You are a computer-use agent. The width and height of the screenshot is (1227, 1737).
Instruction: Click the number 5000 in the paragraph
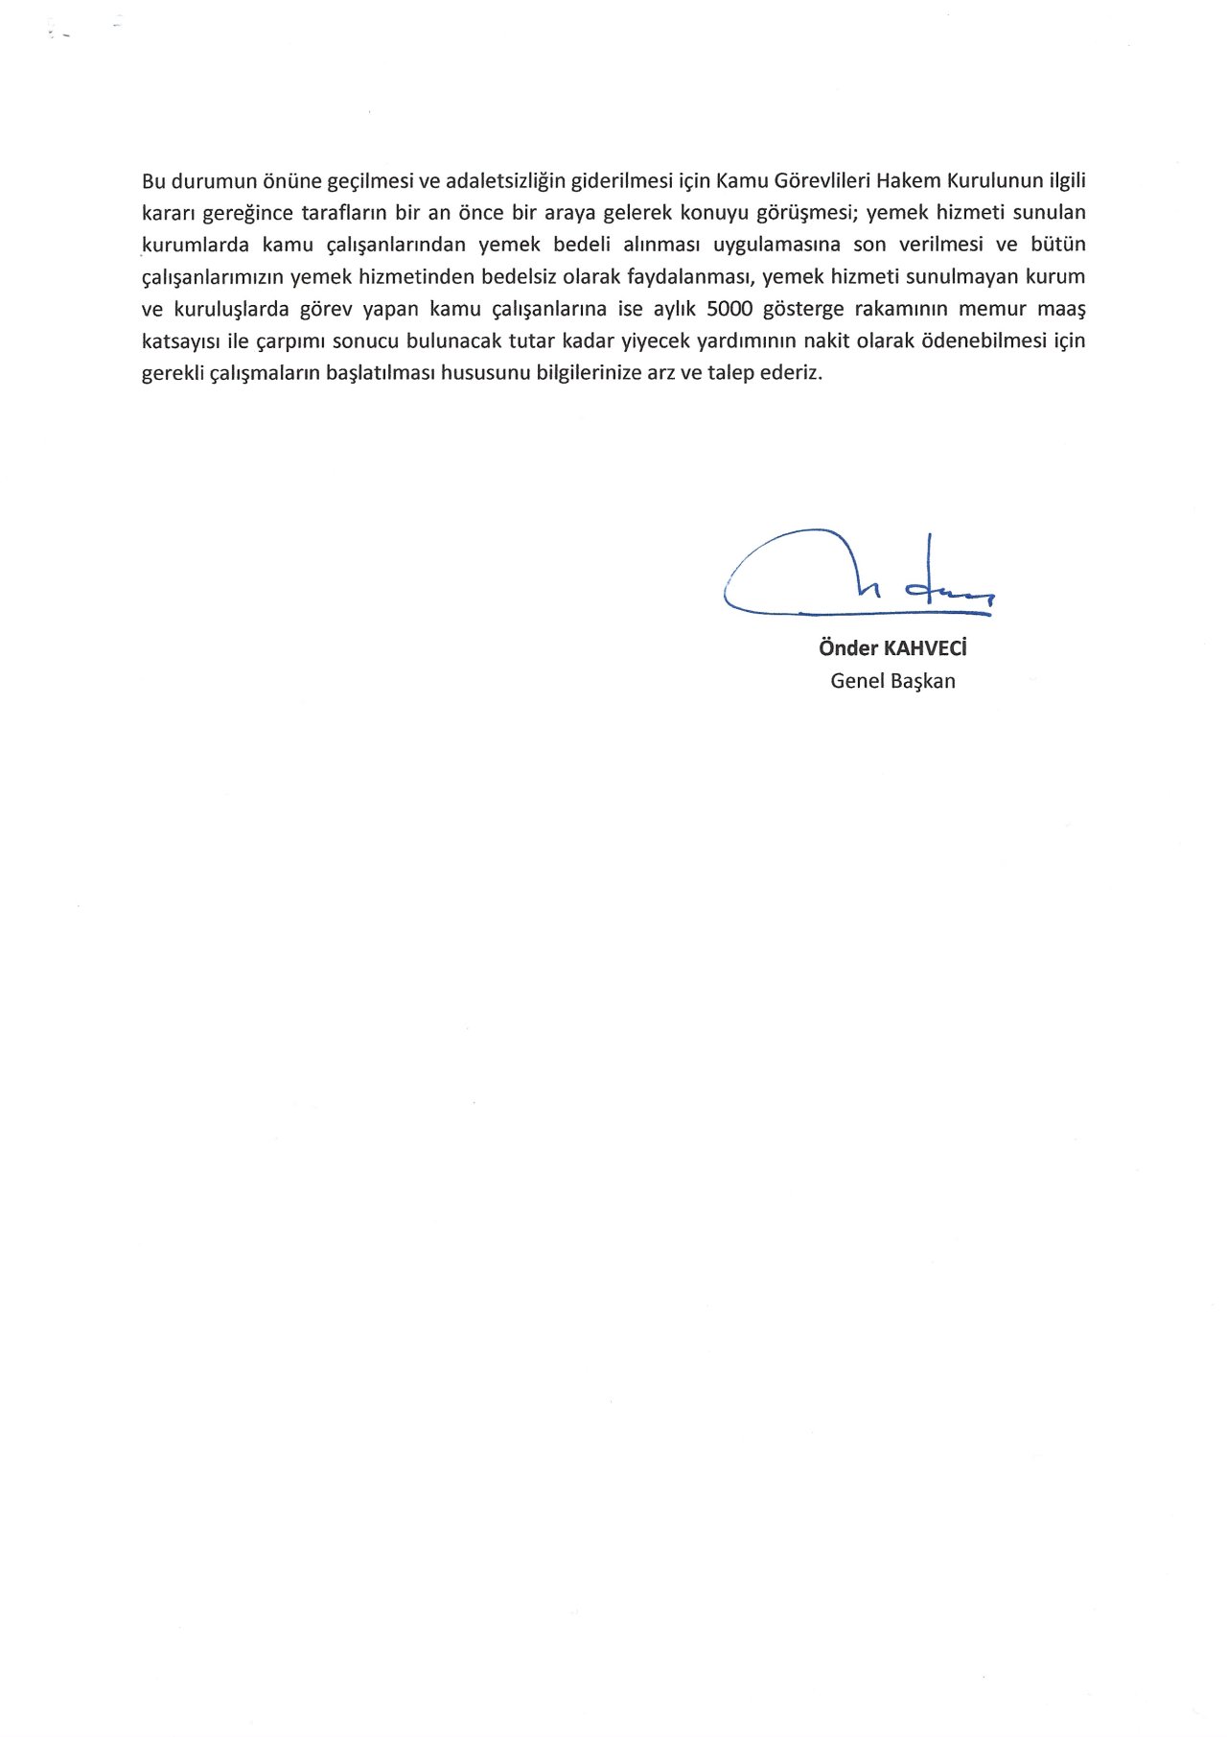[729, 309]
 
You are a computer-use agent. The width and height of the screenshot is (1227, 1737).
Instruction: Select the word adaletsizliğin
[509, 180]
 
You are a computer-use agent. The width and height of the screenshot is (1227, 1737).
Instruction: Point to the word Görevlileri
[816, 180]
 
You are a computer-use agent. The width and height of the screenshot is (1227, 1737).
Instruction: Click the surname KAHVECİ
[925, 648]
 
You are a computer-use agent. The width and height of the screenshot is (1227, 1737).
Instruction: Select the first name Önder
[848, 648]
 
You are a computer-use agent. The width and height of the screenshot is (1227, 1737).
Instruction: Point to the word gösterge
[803, 309]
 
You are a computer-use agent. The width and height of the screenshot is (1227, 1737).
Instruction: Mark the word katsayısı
[179, 341]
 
